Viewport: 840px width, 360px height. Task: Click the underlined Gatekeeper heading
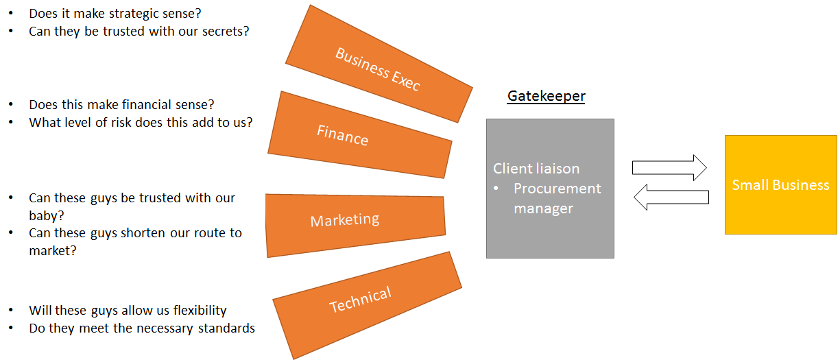coord(546,96)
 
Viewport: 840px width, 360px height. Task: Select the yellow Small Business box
coord(780,185)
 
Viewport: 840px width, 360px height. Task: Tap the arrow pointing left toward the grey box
coord(670,197)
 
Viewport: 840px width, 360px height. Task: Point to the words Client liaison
coord(536,169)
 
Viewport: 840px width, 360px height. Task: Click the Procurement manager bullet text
coord(557,197)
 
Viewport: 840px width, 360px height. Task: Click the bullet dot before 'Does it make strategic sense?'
coord(10,13)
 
